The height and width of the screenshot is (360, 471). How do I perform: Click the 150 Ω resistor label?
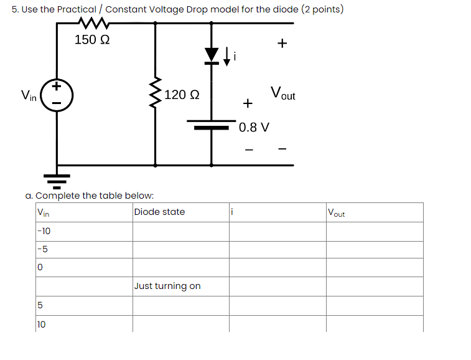[92, 40]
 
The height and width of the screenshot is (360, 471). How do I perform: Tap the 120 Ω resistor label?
[182, 95]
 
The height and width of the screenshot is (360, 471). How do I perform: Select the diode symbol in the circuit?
[212, 55]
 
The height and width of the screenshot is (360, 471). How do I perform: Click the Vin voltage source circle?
[57, 95]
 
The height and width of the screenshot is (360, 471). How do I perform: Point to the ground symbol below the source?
[57, 179]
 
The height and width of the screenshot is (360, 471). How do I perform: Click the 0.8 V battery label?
[254, 128]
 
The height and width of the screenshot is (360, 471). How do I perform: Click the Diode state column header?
[159, 212]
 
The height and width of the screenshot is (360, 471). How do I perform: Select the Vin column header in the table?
[43, 212]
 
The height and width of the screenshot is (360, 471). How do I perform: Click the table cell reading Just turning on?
[167, 286]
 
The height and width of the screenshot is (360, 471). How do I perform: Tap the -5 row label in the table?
[42, 249]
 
